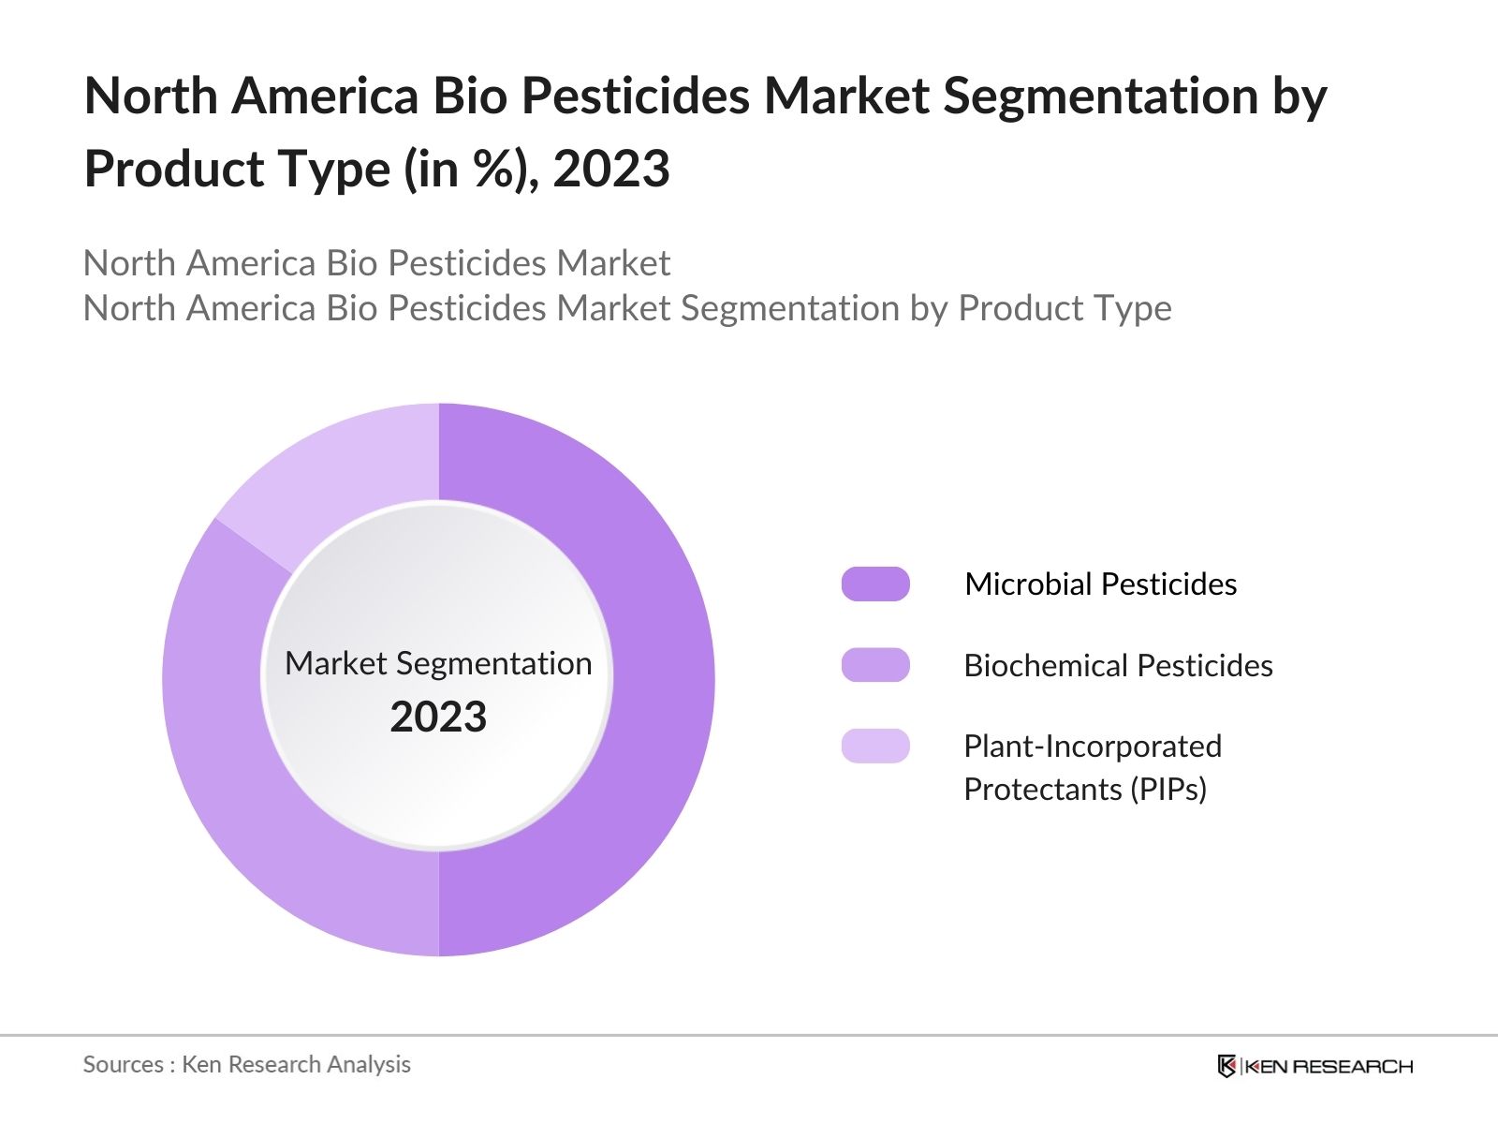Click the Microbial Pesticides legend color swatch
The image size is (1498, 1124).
[875, 584]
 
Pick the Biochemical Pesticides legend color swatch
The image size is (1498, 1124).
[875, 665]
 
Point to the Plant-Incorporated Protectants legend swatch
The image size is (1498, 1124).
[875, 746]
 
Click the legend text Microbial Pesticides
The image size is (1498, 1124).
[1100, 584]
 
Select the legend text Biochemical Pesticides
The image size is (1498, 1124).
[1118, 665]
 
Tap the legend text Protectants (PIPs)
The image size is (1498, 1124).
[1084, 789]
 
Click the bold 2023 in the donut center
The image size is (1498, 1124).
[438, 717]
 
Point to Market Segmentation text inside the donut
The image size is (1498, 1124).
[438, 663]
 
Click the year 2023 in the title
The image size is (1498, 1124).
[611, 169]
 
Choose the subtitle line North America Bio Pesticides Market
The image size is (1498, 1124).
[376, 263]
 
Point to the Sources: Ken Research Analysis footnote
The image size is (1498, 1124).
[246, 1064]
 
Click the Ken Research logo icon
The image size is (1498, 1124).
[1226, 1066]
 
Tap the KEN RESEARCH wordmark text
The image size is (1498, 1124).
[1329, 1066]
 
